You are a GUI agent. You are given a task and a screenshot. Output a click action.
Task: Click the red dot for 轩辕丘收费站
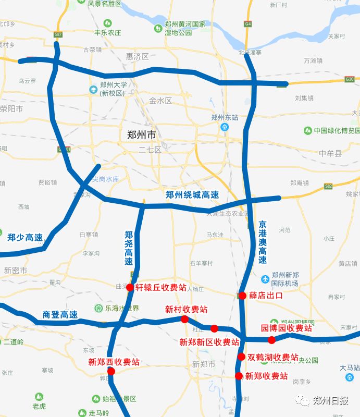[x=130, y=287]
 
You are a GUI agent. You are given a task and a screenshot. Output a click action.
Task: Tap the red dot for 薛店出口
[x=242, y=296]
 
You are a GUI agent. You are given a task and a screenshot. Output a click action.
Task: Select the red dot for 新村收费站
[x=184, y=319]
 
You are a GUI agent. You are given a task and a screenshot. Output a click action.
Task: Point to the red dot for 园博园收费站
[x=271, y=340]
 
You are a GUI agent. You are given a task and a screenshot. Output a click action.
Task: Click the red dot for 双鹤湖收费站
[x=241, y=357]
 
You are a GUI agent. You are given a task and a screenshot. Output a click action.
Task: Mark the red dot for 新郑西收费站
[x=111, y=371]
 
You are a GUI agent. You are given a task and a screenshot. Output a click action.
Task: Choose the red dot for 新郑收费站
[x=239, y=376]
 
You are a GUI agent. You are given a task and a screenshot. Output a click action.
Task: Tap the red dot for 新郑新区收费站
[x=214, y=328]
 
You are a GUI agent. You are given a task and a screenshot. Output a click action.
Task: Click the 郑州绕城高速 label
[x=192, y=195]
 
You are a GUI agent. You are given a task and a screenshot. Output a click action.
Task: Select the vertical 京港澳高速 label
[x=263, y=242]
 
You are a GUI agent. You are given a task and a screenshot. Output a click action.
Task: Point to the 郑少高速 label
[x=25, y=238]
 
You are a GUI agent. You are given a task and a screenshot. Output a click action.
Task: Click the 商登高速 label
[x=60, y=315]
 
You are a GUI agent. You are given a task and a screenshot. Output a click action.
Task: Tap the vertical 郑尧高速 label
[x=129, y=249]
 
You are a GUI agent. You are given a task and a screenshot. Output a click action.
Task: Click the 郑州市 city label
[x=141, y=134]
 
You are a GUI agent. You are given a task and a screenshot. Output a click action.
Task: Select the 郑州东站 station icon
[x=225, y=127]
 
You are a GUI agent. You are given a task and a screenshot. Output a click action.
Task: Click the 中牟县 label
[x=330, y=153]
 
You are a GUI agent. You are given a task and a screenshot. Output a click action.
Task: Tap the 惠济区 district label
[x=138, y=56]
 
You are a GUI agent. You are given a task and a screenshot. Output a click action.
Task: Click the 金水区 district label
[x=160, y=101]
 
